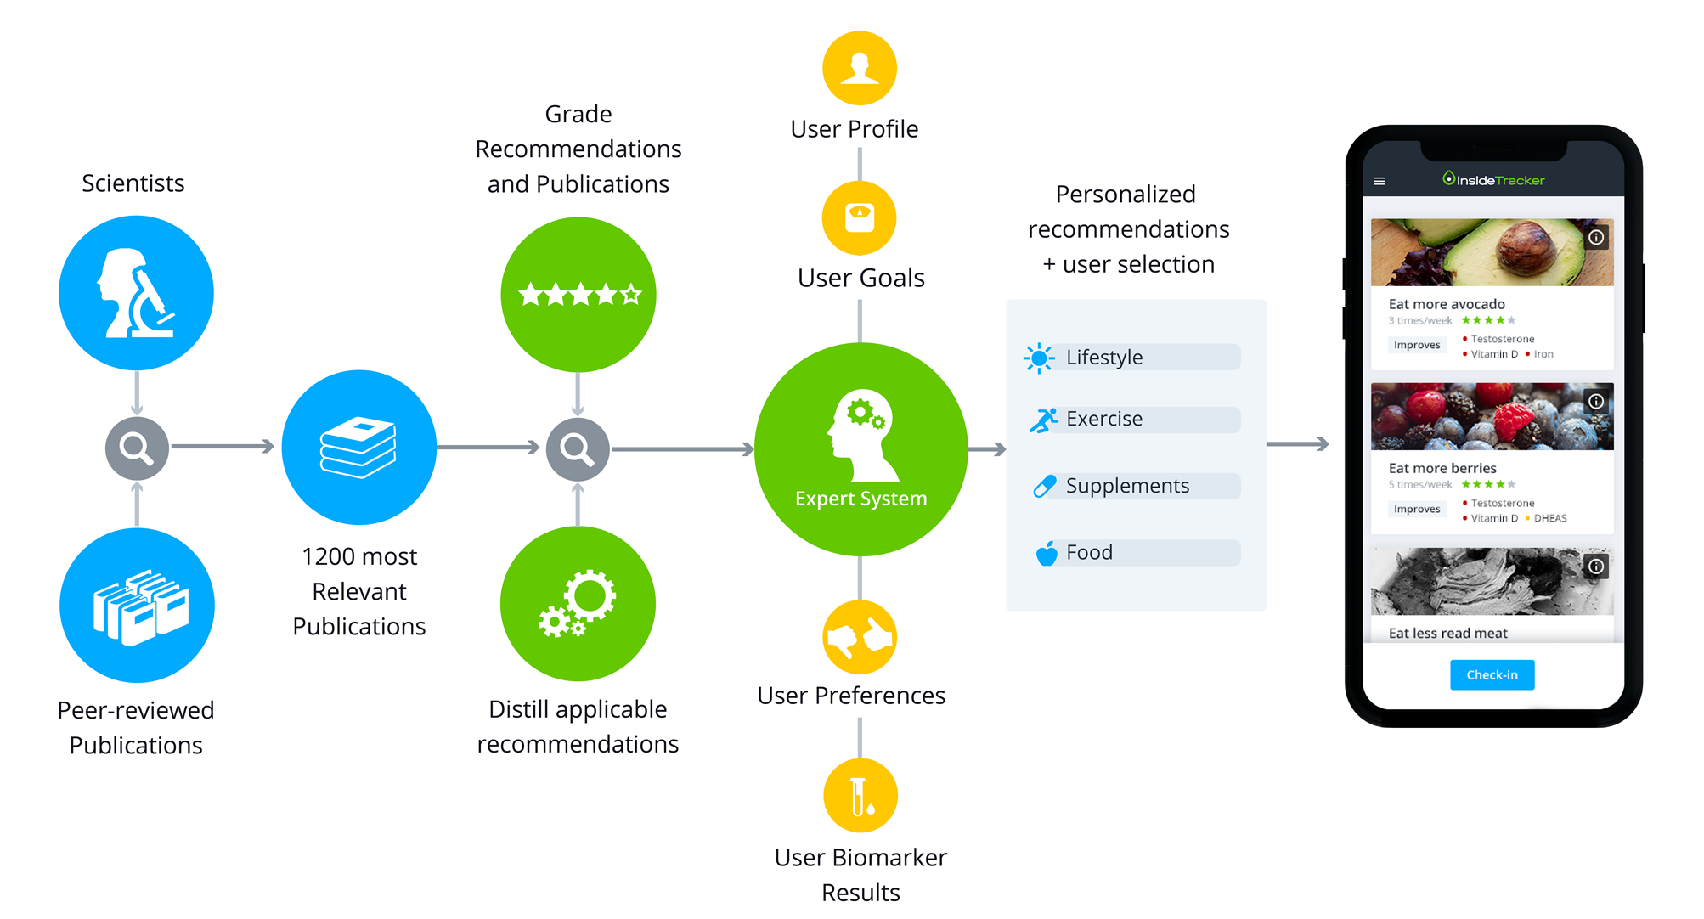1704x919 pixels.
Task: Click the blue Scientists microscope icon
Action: coord(136,293)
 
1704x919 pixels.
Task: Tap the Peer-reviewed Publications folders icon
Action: coord(137,605)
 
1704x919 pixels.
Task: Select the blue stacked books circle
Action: coord(358,447)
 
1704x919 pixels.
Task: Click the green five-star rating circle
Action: coord(578,294)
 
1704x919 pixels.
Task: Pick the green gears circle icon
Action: coord(578,603)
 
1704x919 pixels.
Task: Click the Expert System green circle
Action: coord(860,449)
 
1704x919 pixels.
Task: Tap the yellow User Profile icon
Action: coord(860,68)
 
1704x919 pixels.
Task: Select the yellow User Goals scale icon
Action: coord(860,217)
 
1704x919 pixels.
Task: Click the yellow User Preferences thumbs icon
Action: coord(860,637)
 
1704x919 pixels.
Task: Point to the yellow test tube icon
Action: coord(860,795)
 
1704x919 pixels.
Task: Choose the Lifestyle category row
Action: coord(1133,358)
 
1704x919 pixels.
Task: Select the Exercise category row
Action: coord(1133,420)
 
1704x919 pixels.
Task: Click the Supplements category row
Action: coord(1133,486)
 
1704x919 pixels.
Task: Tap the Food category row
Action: coord(1133,553)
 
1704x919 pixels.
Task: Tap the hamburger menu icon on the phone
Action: coord(1380,181)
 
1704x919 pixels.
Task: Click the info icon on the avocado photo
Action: coord(1596,238)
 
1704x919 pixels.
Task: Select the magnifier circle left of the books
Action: coord(137,447)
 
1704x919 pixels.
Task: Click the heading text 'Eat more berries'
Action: coord(1442,468)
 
